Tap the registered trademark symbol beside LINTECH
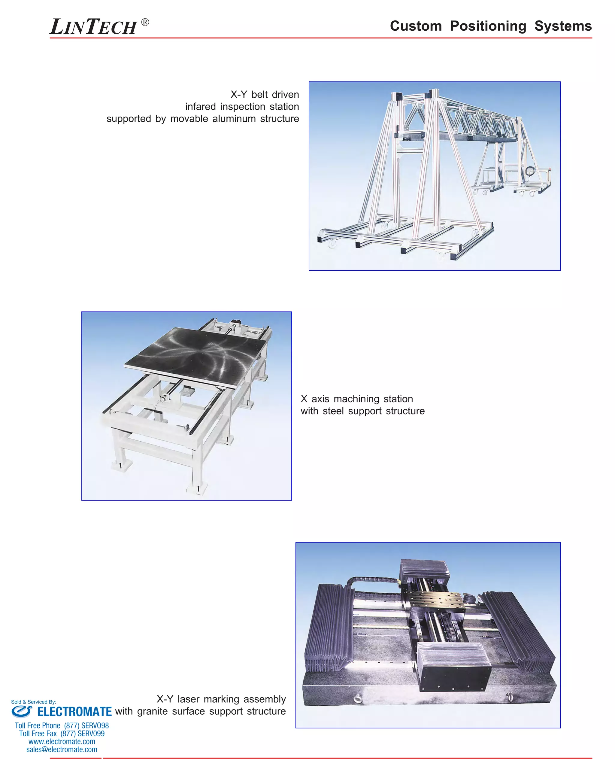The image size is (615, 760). (x=145, y=22)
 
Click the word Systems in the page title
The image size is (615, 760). (x=563, y=26)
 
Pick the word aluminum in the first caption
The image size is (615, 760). (x=234, y=119)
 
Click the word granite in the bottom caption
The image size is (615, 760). (x=153, y=711)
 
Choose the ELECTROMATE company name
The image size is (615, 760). (x=74, y=711)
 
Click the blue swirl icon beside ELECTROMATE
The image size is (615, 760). (x=22, y=711)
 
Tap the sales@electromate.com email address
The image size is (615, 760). (x=62, y=749)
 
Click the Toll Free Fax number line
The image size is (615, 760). (x=62, y=734)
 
